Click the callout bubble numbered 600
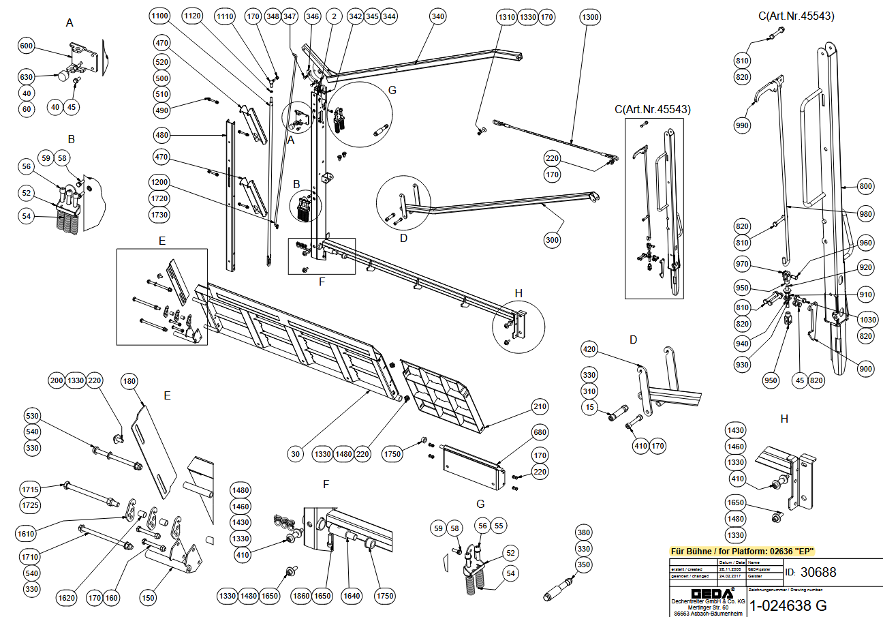tap(26, 46)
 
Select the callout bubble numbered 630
tap(26, 77)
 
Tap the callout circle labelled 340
tap(439, 16)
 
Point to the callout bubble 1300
tap(591, 16)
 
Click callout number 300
tap(553, 240)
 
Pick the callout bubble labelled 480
tap(161, 134)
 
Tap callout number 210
tap(540, 408)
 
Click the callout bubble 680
tap(540, 433)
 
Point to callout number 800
tap(865, 186)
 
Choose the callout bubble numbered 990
tap(742, 125)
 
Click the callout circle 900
tap(865, 369)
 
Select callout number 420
tap(589, 350)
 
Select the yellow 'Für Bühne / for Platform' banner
tap(743, 551)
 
